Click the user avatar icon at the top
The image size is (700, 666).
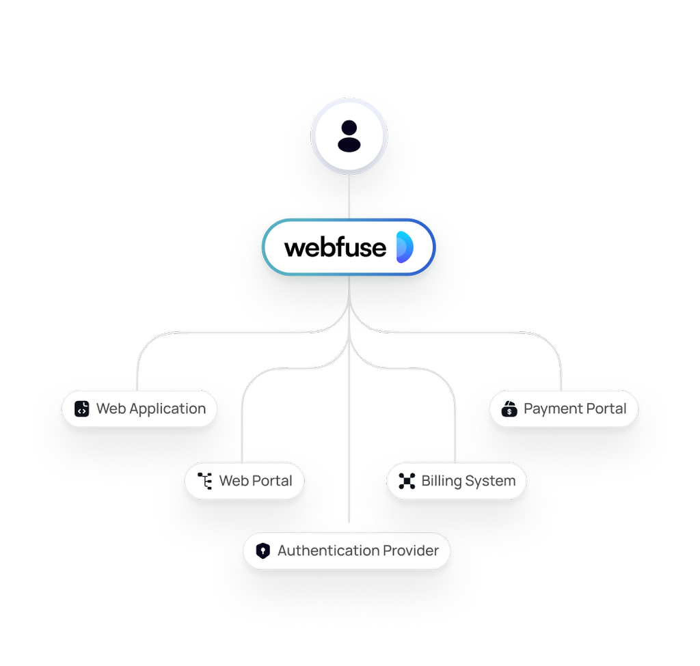pos(349,137)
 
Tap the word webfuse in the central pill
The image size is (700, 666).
pos(335,247)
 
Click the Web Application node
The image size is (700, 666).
pos(139,409)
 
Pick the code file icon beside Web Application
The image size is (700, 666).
pos(82,409)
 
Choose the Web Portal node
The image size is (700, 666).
pos(244,481)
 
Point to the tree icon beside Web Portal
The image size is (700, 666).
pos(204,481)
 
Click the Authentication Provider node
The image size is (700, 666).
pos(347,551)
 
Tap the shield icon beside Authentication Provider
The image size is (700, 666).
pos(262,551)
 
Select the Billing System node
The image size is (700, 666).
pos(457,481)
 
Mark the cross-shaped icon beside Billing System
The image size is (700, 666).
pos(407,481)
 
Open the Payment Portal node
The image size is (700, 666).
pos(563,409)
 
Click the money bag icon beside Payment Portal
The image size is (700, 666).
pos(510,409)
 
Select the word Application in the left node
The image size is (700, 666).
pos(167,409)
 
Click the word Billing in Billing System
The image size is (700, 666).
pos(442,481)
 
